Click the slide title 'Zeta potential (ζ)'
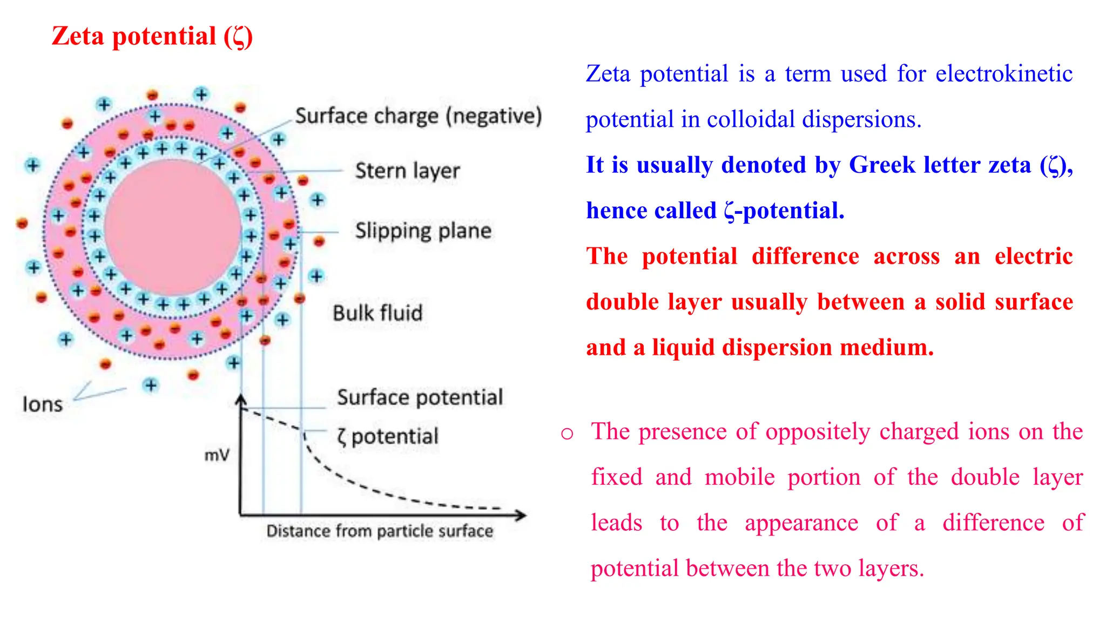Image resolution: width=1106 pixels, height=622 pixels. point(152,37)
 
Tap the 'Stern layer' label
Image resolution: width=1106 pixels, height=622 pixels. point(407,171)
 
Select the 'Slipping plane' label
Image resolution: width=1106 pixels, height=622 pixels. point(423,231)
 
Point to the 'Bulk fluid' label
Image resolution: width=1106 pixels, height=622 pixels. point(377,313)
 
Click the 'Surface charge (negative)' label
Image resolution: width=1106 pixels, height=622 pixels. point(418,116)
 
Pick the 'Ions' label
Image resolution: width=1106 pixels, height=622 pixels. point(42,404)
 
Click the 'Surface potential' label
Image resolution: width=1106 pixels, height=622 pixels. point(420,397)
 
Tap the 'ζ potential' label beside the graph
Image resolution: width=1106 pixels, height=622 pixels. point(388,436)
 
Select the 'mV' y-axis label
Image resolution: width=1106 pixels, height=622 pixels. point(217,455)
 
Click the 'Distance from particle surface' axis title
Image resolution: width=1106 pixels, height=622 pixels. point(379,531)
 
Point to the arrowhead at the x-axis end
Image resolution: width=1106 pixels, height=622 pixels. point(521,515)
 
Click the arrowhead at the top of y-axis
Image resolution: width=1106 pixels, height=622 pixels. point(241,400)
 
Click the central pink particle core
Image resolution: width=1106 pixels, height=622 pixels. point(172,227)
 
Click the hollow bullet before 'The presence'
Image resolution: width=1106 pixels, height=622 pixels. point(567,433)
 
